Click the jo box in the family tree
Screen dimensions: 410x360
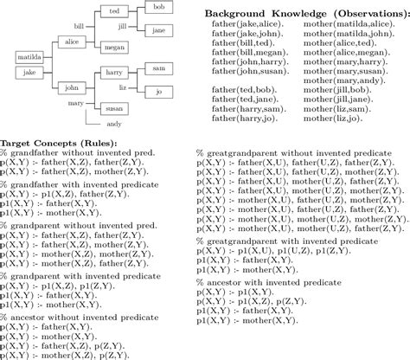157,90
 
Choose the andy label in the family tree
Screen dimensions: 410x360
112,125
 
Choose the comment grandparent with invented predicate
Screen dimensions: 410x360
79,275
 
